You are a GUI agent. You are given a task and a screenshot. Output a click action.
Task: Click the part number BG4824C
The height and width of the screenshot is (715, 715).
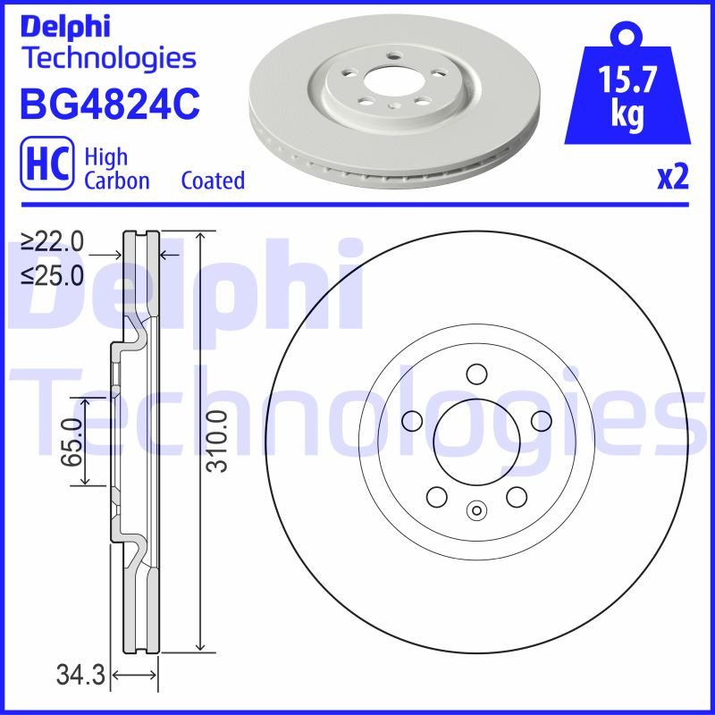coord(109,104)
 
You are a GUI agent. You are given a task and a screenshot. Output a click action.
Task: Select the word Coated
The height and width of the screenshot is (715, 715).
coord(213,181)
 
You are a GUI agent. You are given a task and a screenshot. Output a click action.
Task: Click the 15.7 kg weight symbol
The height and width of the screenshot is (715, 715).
coord(627,89)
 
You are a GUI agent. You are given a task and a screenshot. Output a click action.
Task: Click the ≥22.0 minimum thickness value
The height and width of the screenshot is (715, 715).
coord(53,241)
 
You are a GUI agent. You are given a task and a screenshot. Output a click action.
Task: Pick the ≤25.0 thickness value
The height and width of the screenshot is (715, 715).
coord(53,275)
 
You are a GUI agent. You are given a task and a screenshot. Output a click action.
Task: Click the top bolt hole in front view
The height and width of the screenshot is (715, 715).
coord(475,374)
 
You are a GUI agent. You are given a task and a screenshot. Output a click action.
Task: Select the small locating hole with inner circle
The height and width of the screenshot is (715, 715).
coord(475,511)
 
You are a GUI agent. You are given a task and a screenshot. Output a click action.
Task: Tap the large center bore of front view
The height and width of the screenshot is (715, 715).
coord(475,437)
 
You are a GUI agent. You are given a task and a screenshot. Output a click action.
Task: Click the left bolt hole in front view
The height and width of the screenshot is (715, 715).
coord(412,420)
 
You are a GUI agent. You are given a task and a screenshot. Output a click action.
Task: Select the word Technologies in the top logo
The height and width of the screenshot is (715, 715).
coord(107,58)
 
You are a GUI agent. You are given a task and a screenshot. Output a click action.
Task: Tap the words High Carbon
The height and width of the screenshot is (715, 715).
coord(116,168)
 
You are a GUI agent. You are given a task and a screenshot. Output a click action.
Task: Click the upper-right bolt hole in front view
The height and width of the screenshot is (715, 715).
coord(540,420)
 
